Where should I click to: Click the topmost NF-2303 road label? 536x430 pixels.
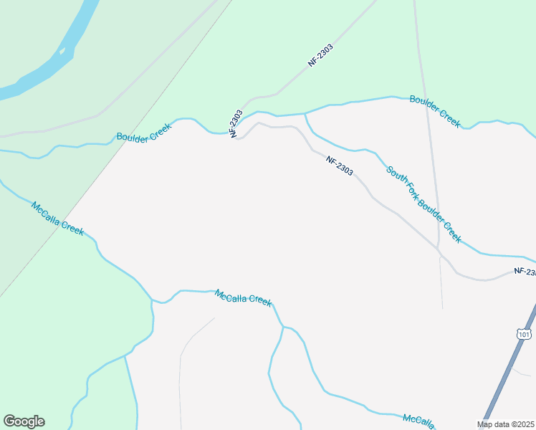tap(321, 56)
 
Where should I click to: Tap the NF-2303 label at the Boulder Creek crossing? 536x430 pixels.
tap(236, 123)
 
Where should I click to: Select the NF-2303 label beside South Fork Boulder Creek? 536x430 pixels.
tap(339, 166)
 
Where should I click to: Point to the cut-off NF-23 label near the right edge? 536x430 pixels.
tap(525, 272)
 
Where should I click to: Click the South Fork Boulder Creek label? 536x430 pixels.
tap(423, 204)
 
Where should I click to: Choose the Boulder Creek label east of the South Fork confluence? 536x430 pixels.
tap(434, 110)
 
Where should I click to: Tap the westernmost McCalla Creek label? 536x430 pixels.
tap(57, 219)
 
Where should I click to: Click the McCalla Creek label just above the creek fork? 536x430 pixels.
tap(244, 298)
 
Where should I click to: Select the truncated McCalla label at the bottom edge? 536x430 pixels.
tap(419, 421)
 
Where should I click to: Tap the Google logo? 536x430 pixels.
tap(24, 421)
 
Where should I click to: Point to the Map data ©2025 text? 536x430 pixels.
tap(504, 424)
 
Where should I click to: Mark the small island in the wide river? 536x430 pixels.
tap(63, 51)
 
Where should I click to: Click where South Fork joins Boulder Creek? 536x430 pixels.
tap(306, 113)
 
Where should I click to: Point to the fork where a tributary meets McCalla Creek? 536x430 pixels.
tap(283, 327)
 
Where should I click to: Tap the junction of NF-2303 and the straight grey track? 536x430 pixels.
tap(439, 250)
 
